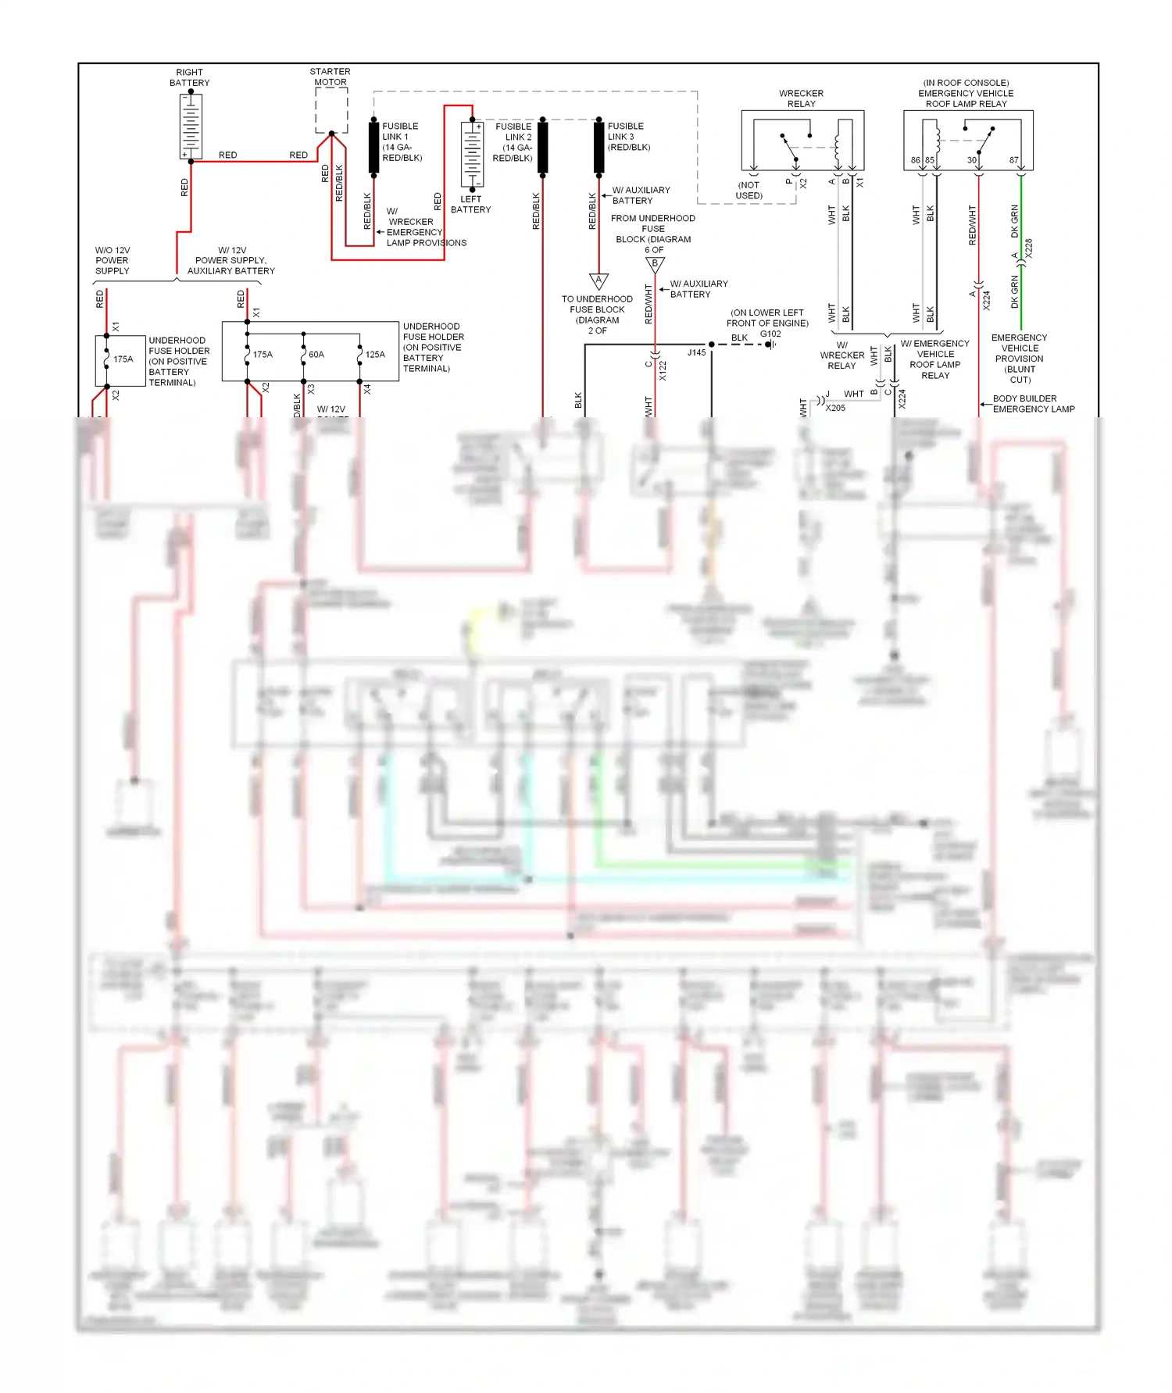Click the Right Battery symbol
191,126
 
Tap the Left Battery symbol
472,154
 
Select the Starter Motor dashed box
331,110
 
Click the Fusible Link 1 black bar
374,148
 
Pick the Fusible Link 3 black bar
599,148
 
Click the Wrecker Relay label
801,98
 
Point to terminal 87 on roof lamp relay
1013,160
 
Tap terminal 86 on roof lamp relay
915,160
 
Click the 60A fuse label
316,355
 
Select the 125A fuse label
375,355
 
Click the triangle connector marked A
599,280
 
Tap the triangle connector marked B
655,265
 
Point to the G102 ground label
770,334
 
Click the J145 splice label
696,352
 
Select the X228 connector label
1028,248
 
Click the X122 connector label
663,370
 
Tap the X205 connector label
835,408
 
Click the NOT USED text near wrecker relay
749,191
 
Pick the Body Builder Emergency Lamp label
1033,404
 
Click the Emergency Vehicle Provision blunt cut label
1020,359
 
